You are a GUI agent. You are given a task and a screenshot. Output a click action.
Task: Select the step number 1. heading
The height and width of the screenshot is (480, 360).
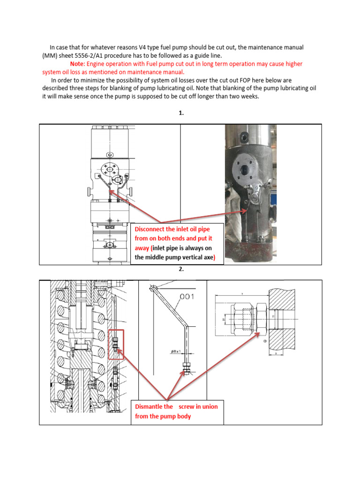point(180,113)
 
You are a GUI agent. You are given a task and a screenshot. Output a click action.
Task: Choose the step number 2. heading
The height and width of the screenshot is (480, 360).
point(180,270)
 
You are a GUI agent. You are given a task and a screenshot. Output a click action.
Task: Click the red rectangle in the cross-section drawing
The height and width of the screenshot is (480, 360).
point(116,345)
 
